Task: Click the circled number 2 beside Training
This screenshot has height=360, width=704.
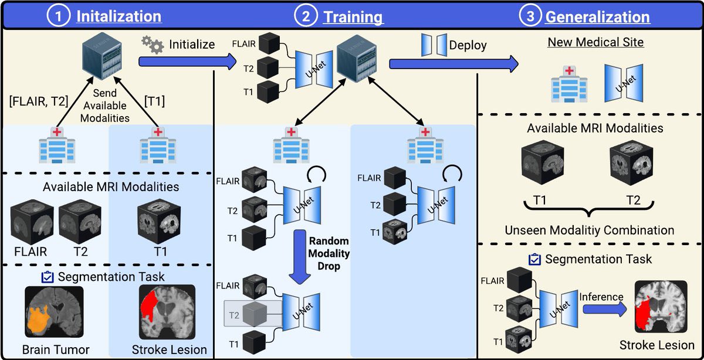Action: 306,16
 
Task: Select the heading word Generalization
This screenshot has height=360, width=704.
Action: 597,16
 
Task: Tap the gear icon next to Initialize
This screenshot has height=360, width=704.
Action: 153,45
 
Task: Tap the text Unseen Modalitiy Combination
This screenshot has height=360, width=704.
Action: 589,229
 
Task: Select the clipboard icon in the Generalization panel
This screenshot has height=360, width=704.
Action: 534,258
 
